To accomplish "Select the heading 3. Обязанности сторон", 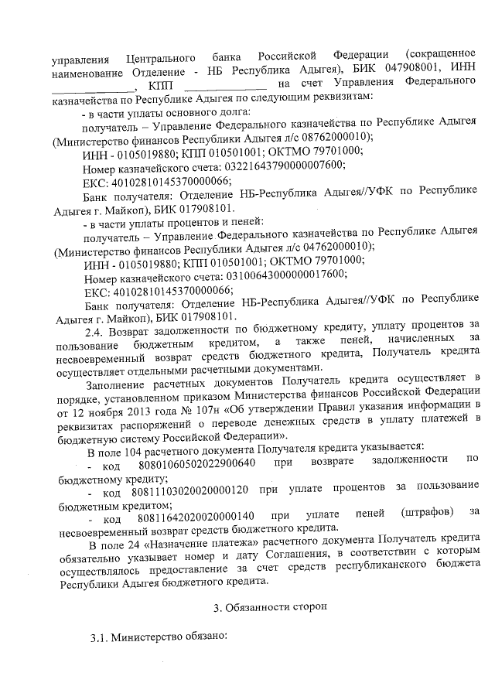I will [270, 608].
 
